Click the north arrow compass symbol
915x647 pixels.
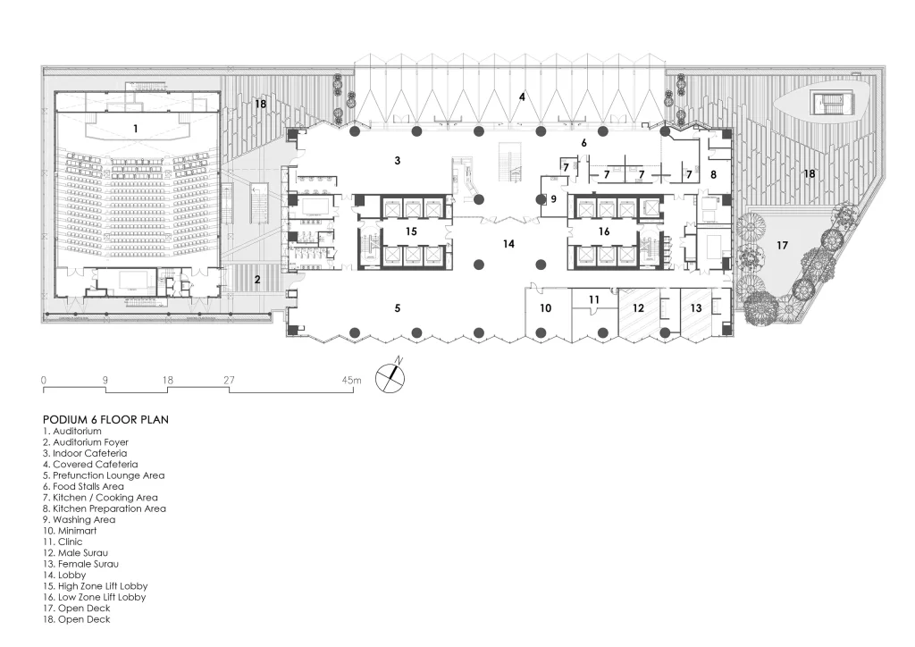click(390, 376)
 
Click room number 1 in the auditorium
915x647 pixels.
click(135, 129)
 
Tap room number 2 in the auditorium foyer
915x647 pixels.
click(257, 280)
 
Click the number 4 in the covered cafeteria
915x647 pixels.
click(522, 96)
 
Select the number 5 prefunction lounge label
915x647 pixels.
click(398, 307)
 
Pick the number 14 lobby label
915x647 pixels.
click(508, 243)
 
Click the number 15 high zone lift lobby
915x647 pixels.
click(411, 231)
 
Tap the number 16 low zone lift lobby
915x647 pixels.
click(604, 231)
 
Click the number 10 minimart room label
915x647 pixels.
click(546, 307)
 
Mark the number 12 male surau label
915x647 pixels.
click(637, 307)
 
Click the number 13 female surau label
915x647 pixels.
click(695, 307)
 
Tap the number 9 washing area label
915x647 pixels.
click(553, 198)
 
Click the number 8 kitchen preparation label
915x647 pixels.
click(713, 175)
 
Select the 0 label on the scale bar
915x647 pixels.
click(44, 381)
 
